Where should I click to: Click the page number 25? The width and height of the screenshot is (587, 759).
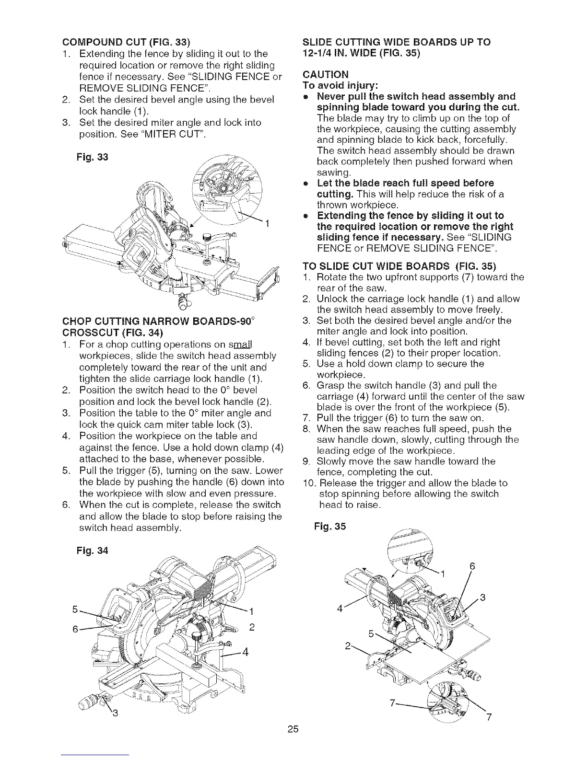[x=293, y=730]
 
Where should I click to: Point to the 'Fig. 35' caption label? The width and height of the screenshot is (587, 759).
[x=329, y=527]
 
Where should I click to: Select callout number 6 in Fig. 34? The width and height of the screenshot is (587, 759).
[x=75, y=629]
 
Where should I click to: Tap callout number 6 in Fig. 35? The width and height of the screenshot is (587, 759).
[x=472, y=565]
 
